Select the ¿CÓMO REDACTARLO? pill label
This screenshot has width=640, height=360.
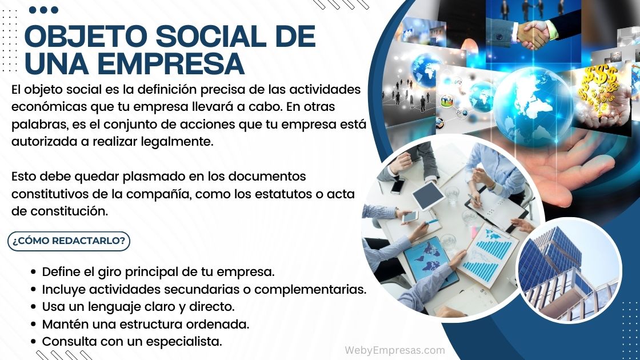click(x=69, y=241)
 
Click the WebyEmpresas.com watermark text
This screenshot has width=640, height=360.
click(x=394, y=350)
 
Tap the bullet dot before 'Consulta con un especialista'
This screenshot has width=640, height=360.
click(x=34, y=342)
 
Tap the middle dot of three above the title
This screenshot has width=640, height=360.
click(x=43, y=10)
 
